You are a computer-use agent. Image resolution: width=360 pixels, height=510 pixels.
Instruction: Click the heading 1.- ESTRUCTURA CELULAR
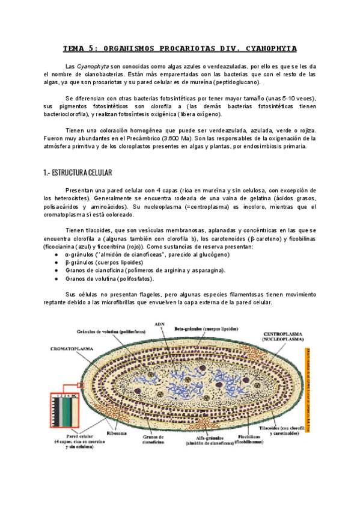pos(78,173)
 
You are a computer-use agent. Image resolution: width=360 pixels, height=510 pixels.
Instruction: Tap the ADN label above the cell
pos(160,324)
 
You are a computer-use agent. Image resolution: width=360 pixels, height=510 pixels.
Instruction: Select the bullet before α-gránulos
pos(56,254)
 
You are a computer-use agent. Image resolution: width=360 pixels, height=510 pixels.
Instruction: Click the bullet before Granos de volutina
pos(56,278)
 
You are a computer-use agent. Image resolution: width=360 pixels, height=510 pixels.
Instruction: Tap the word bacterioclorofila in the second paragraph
pos(74,114)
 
